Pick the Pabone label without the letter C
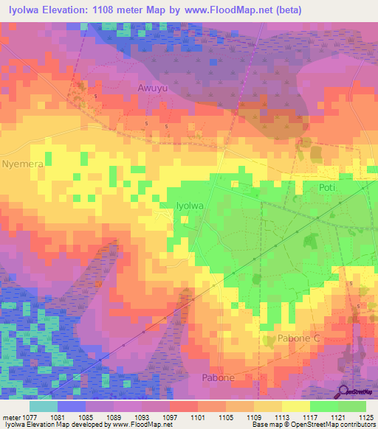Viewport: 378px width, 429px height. [x=218, y=378]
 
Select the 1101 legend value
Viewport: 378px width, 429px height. [x=198, y=416]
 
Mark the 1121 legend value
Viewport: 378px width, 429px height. [x=336, y=416]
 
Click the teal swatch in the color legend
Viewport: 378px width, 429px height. [x=44, y=406]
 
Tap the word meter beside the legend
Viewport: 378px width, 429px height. [x=11, y=416]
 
